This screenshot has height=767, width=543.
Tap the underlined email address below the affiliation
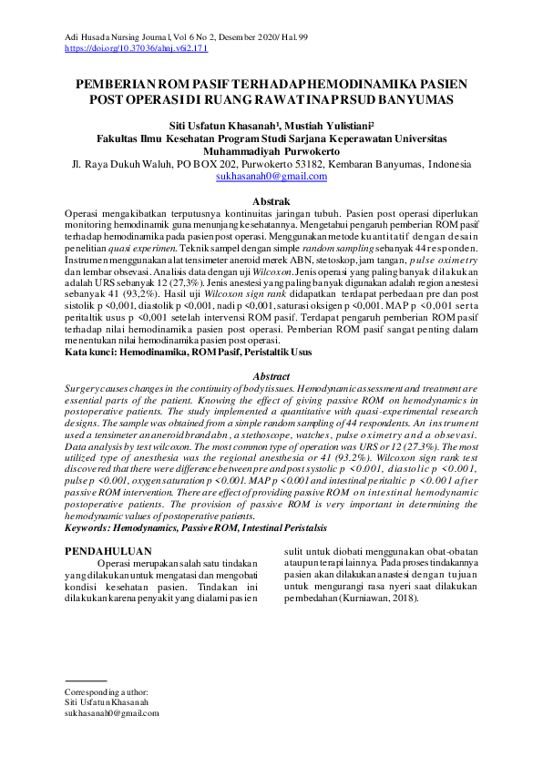271,177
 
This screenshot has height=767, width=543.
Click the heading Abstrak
271,200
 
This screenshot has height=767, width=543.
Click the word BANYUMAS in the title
416,99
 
